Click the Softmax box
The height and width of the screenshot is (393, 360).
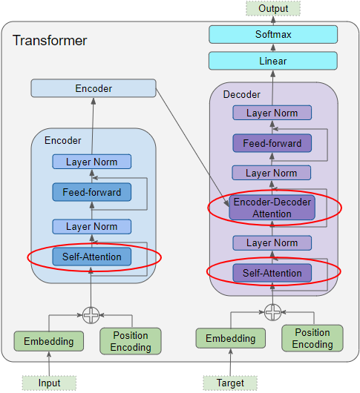pyautogui.click(x=272, y=34)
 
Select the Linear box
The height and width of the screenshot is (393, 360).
pyautogui.click(x=272, y=61)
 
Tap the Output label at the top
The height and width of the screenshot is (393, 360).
pyautogui.click(x=273, y=8)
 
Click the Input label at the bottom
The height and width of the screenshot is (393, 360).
pyautogui.click(x=49, y=383)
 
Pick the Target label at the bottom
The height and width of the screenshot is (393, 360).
pyautogui.click(x=229, y=383)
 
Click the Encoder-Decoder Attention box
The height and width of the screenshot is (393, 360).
pyautogui.click(x=272, y=208)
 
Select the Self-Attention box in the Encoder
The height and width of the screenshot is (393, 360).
pyautogui.click(x=92, y=257)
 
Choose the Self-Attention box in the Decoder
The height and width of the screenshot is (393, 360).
pyautogui.click(x=272, y=273)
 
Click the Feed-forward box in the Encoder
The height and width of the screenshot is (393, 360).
pyautogui.click(x=92, y=193)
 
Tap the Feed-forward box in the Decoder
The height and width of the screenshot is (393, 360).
pyautogui.click(x=272, y=143)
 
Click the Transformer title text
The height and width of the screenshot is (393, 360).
pyautogui.click(x=50, y=40)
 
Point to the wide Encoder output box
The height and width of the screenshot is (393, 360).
pyautogui.click(x=94, y=89)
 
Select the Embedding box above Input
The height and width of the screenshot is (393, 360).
pyautogui.click(x=49, y=341)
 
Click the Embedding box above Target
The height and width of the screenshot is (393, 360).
pyautogui.click(x=229, y=338)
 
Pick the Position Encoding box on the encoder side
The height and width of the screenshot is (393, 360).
pyautogui.click(x=131, y=341)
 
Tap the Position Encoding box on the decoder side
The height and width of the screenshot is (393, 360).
pyautogui.click(x=312, y=338)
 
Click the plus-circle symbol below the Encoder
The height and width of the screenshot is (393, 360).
pyautogui.click(x=91, y=314)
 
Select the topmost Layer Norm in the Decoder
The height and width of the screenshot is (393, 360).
pyautogui.click(x=272, y=113)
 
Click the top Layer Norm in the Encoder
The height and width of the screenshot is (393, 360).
pyautogui.click(x=92, y=162)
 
